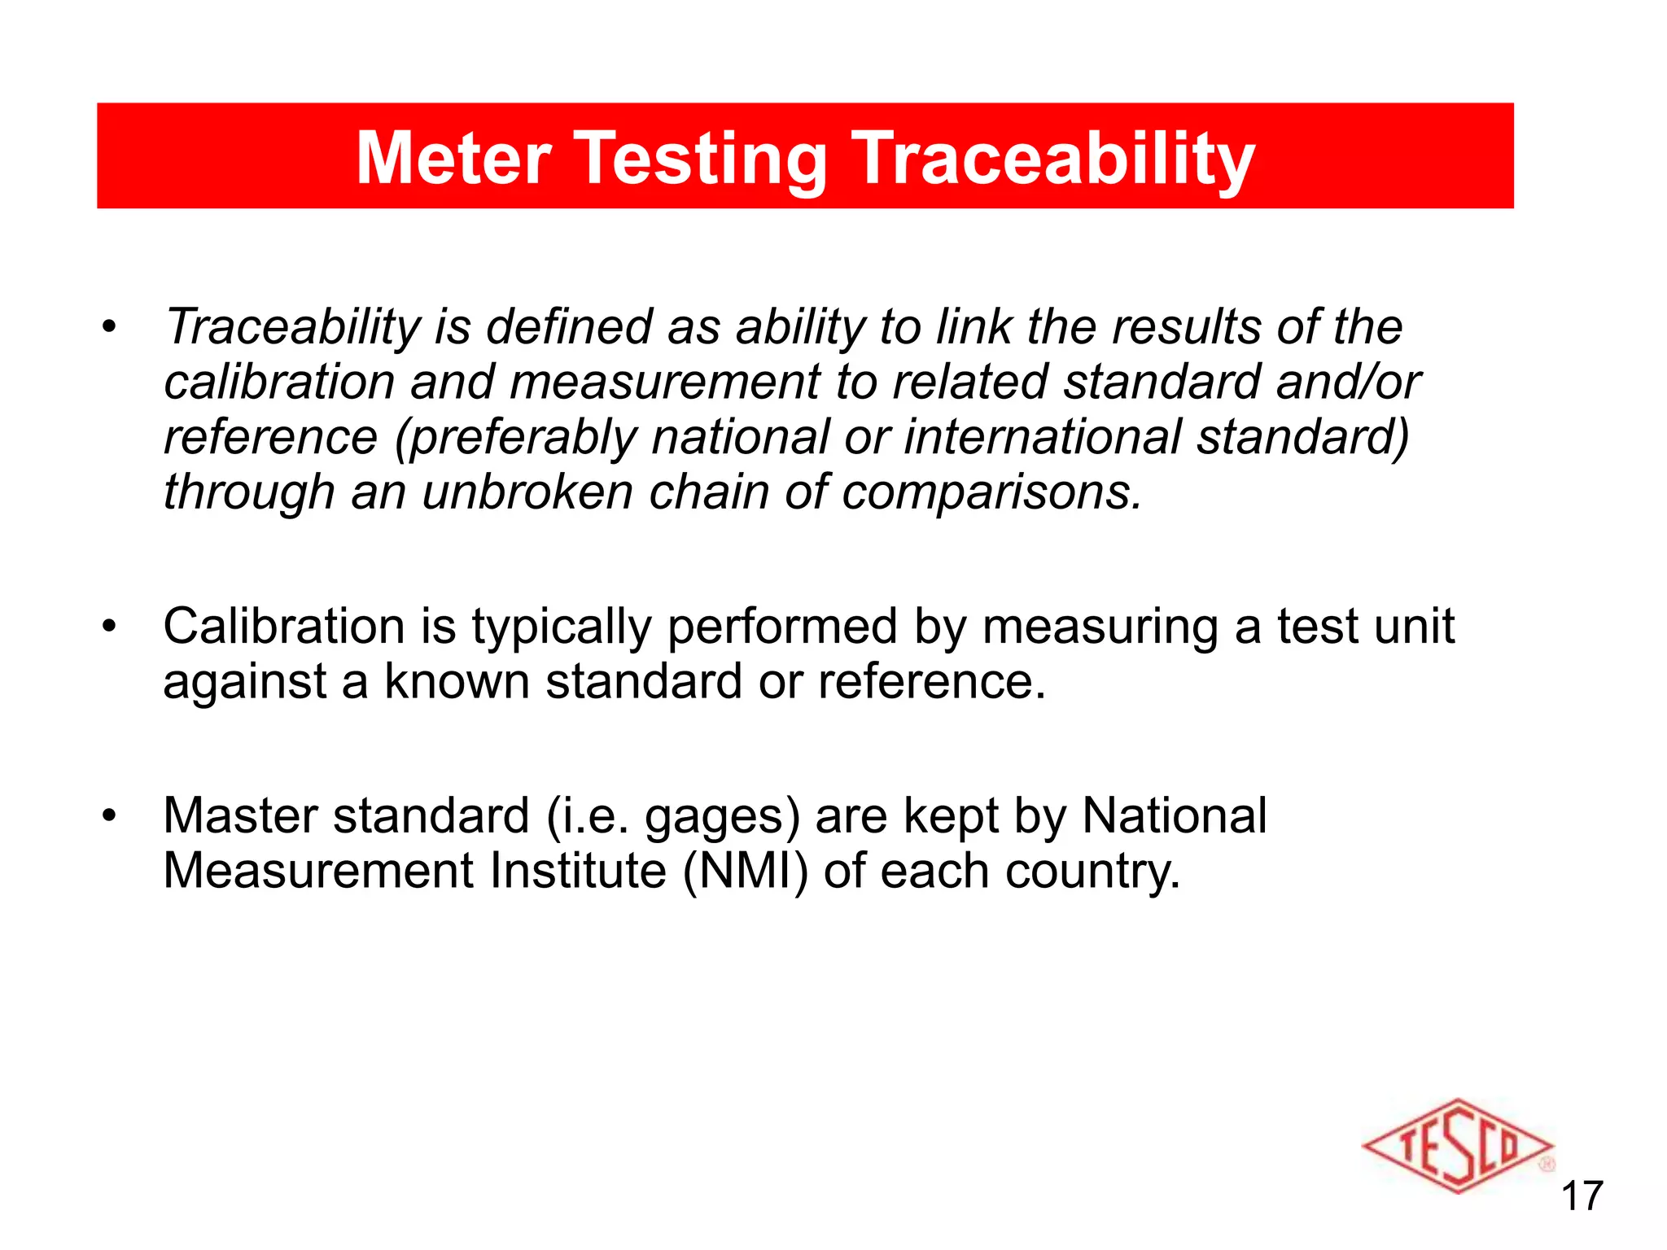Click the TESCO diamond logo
coord(1458,1147)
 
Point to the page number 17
coord(1582,1196)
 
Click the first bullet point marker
coord(109,328)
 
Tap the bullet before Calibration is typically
coord(109,627)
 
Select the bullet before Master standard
coord(109,816)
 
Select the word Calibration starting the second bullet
coord(283,627)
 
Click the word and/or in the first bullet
coord(1349,382)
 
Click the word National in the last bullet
coord(1174,815)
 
